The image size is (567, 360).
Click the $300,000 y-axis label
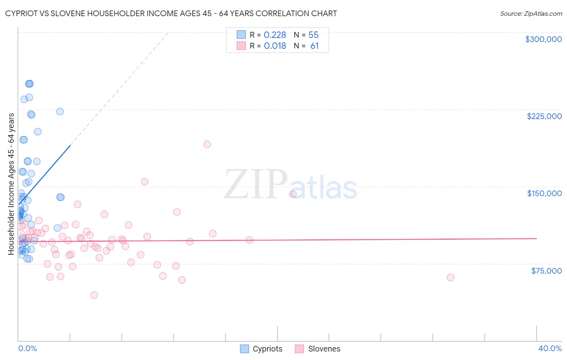pos(543,39)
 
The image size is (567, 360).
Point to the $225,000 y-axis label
pos(544,116)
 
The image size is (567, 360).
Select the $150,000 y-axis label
pos(544,193)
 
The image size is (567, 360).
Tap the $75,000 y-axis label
pos(546,270)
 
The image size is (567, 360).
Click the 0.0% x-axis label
pos(27,348)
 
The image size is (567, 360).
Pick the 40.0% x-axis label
pos(550,348)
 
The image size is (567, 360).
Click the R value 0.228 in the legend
pos(275,35)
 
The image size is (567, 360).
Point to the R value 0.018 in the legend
pos(275,46)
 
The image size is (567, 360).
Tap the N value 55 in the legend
pos(313,35)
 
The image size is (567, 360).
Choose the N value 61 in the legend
pos(314,46)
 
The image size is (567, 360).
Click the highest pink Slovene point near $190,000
pos(207,144)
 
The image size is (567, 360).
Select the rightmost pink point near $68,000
pos(450,277)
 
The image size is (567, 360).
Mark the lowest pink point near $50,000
pos(94,295)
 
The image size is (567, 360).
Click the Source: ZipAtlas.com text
pos(531,14)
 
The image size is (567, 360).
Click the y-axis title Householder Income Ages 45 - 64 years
pos(11,184)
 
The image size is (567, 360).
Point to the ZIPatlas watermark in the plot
pos(290,185)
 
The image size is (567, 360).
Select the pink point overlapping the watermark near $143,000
pos(293,194)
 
